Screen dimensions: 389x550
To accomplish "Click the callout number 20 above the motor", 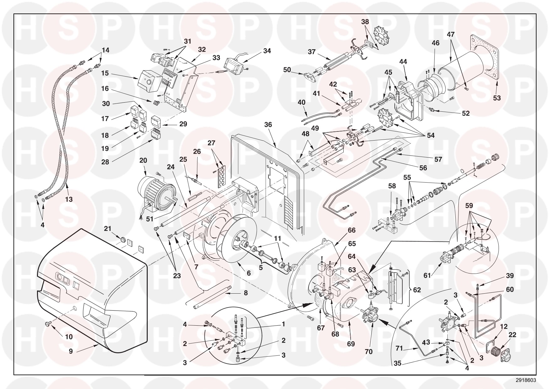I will pos(143,161).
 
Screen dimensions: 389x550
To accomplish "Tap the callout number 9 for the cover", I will pos(71,351).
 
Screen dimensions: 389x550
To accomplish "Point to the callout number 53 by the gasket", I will pos(497,98).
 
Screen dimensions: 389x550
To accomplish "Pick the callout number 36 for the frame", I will pos(268,125).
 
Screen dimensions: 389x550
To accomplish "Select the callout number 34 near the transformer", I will pos(267,51).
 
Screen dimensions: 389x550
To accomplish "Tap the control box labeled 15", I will pos(150,81).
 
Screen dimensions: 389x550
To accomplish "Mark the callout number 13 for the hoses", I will pos(69,199).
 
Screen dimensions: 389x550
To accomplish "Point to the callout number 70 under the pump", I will pos(369,352).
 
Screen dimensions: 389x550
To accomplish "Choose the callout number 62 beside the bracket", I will pos(417,290).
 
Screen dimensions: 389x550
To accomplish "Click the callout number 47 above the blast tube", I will pos(451,35).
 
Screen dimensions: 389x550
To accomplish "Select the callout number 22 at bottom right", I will pos(512,335).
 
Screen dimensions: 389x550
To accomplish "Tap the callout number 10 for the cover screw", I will pos(69,337).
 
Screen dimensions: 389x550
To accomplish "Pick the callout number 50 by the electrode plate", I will pos(287,70).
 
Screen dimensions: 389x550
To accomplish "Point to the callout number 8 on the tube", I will pos(246,293).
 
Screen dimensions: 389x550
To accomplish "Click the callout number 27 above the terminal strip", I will pos(211,143).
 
